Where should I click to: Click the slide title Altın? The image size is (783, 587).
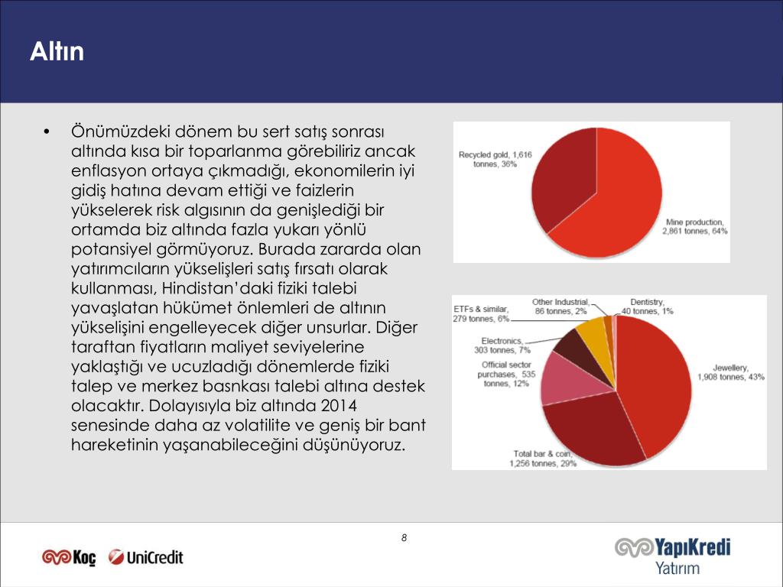point(57,52)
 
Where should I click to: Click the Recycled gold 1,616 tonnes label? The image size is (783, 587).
point(495,159)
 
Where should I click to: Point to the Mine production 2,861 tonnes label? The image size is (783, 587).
point(695,225)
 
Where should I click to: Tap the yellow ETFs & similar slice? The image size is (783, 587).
point(592,332)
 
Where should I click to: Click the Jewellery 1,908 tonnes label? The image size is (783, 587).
point(729,372)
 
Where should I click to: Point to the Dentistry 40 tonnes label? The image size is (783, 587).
point(647,306)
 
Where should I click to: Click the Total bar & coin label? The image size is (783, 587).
point(544,459)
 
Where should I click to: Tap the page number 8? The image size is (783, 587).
point(404,538)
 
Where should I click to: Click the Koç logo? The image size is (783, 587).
point(69,557)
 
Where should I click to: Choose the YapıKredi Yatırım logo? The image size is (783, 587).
point(673,555)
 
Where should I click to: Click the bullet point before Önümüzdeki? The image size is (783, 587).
point(47,131)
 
